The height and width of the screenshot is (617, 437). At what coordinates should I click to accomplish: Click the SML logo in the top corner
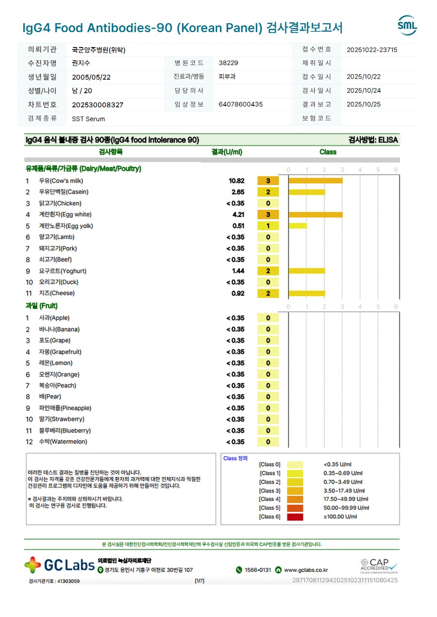tap(407, 25)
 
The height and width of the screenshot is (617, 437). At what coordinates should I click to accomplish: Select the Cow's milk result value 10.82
tap(236, 181)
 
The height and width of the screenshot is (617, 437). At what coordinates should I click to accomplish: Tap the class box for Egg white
tap(268, 215)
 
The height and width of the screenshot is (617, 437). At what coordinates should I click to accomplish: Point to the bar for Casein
tap(306, 192)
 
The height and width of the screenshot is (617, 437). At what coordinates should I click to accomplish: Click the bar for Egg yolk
tap(298, 226)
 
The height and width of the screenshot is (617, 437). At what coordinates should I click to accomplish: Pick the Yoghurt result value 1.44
tap(238, 271)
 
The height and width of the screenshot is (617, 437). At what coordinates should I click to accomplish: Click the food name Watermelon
tap(63, 442)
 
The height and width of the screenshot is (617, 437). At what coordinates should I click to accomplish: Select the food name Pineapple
tap(65, 408)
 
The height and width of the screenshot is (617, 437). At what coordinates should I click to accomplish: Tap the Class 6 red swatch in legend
tap(295, 517)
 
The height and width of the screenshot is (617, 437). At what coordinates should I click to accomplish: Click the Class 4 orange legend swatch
tap(295, 500)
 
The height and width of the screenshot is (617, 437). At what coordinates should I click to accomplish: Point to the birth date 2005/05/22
tap(91, 77)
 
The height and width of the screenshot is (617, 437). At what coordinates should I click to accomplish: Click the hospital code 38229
tap(228, 63)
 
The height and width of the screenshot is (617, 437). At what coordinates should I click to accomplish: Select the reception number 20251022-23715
tap(372, 50)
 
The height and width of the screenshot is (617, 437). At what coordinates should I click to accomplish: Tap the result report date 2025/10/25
tap(364, 104)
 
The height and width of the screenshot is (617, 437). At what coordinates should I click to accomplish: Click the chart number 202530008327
tap(98, 105)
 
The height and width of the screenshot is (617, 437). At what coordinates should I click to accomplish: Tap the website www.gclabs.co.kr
tap(306, 570)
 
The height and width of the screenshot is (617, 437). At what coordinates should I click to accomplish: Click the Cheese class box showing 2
tap(268, 294)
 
